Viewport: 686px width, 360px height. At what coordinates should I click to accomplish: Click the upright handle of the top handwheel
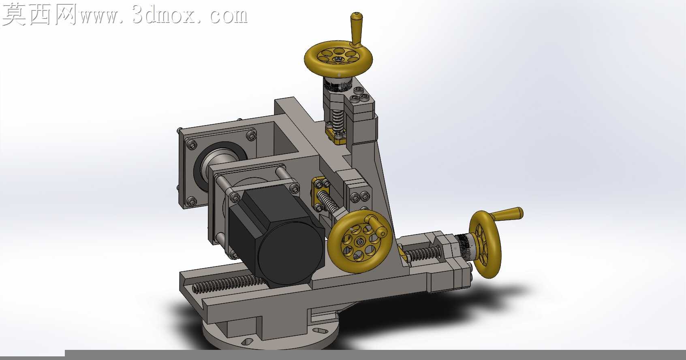pyautogui.click(x=356, y=29)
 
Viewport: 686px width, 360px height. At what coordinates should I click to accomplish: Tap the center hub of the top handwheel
pyautogui.click(x=338, y=58)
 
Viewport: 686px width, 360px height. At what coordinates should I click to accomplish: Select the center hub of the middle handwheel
pyautogui.click(x=359, y=242)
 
